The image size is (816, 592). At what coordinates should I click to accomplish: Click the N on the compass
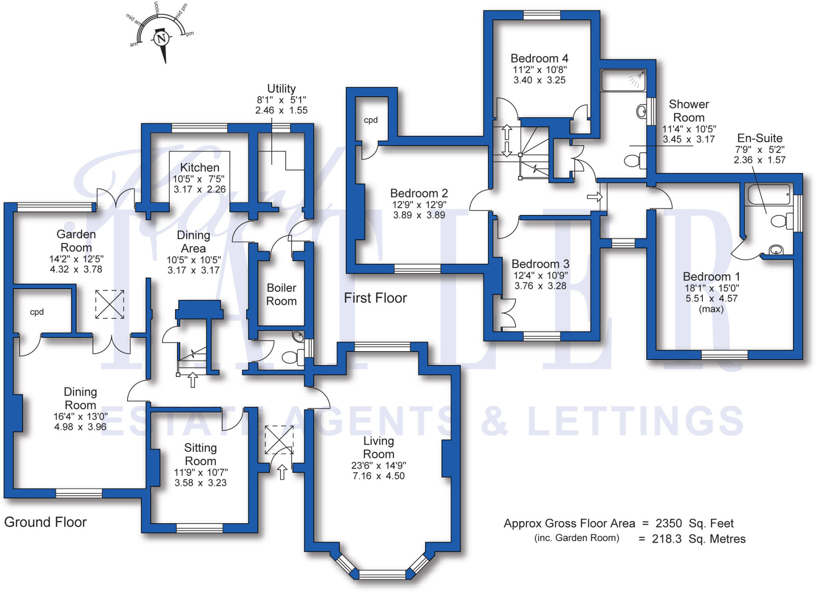(161, 39)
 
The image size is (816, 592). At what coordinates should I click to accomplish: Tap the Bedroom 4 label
(539, 59)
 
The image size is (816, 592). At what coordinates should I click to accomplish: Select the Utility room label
(281, 88)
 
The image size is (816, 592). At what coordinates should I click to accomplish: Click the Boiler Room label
(281, 294)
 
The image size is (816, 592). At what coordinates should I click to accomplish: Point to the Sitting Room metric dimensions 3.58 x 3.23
(200, 483)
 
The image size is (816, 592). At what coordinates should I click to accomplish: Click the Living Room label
(379, 447)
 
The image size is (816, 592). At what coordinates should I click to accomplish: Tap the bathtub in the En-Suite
(769, 195)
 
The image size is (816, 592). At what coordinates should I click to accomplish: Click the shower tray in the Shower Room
(623, 80)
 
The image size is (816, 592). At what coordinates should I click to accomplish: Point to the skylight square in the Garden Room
(110, 304)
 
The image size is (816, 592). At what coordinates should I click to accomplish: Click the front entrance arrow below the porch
(282, 472)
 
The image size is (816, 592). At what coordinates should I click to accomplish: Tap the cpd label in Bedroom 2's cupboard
(371, 120)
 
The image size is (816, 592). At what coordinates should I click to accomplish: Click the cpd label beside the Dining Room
(37, 312)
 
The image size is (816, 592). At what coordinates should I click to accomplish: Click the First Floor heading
(375, 298)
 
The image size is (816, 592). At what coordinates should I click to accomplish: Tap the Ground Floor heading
(45, 522)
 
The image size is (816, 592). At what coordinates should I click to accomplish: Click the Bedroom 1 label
(711, 277)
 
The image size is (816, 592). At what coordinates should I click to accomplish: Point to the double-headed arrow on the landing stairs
(506, 141)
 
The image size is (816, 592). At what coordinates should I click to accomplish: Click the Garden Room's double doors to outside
(115, 198)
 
